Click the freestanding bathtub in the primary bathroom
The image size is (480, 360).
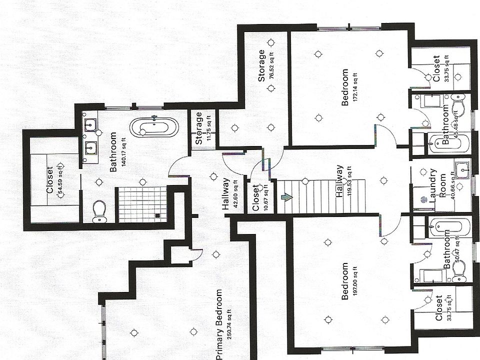coord(153,127)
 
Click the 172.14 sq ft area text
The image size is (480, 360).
coord(355,88)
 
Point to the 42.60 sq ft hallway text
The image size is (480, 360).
coord(235,194)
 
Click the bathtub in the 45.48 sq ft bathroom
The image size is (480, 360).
coord(448,143)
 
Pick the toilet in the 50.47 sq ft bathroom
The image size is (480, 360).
coord(458,270)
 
